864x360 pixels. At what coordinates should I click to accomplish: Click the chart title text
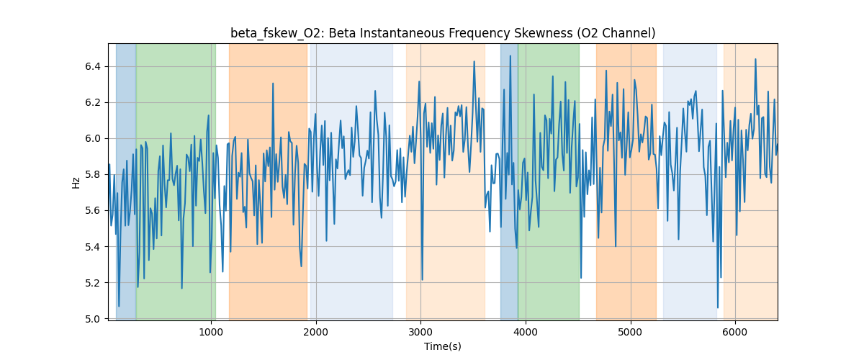pyautogui.click(x=443, y=33)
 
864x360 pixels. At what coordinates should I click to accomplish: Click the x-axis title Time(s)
pyautogui.click(x=443, y=346)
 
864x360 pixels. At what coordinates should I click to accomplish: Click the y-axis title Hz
pyautogui.click(x=76, y=182)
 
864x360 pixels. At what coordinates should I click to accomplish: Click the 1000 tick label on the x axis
pyautogui.click(x=211, y=333)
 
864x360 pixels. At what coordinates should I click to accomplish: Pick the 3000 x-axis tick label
pyautogui.click(x=420, y=333)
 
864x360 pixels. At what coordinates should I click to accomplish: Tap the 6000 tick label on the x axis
pyautogui.click(x=735, y=333)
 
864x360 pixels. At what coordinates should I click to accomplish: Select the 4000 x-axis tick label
pyautogui.click(x=526, y=333)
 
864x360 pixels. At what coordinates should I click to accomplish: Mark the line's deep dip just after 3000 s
pyautogui.click(x=422, y=279)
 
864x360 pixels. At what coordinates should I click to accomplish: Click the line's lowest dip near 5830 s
pyautogui.click(x=718, y=307)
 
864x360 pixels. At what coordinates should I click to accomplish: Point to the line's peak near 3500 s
pyautogui.click(x=474, y=62)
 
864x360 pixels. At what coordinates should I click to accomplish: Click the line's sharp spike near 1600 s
pyautogui.click(x=273, y=84)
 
